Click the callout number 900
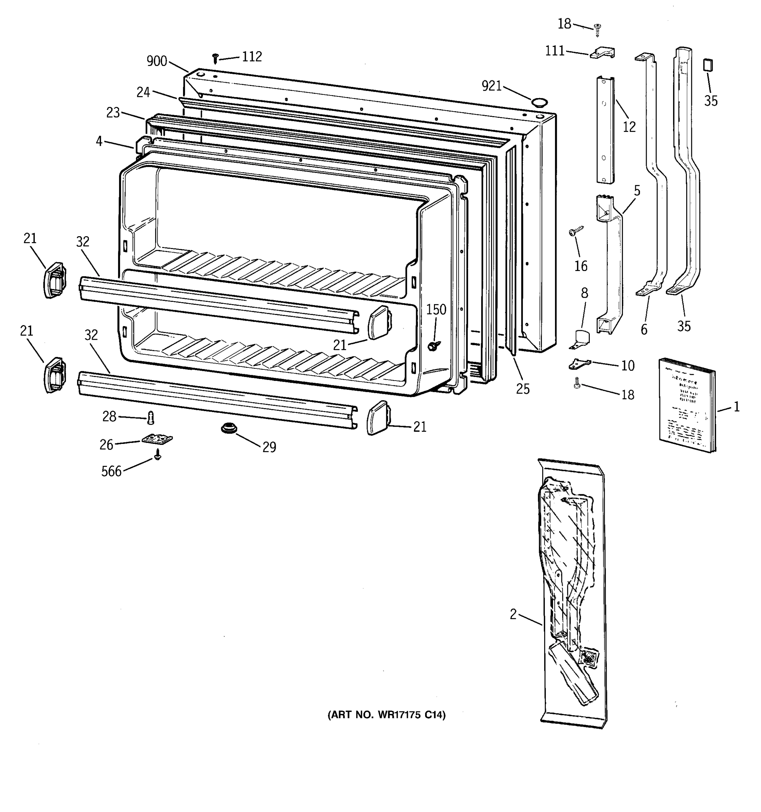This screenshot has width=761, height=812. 157,62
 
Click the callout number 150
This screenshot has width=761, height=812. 436,310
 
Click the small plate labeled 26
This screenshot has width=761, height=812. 157,439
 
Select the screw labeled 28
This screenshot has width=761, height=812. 151,418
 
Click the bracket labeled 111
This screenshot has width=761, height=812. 602,53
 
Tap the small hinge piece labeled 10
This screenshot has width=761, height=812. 579,363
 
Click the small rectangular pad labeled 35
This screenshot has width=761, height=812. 708,65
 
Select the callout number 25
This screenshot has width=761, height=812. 523,389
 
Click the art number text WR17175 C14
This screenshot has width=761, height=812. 386,715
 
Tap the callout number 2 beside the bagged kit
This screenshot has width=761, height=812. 513,614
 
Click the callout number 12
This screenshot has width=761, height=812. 629,127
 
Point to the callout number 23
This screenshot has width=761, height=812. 113,113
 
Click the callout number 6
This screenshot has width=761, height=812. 644,329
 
